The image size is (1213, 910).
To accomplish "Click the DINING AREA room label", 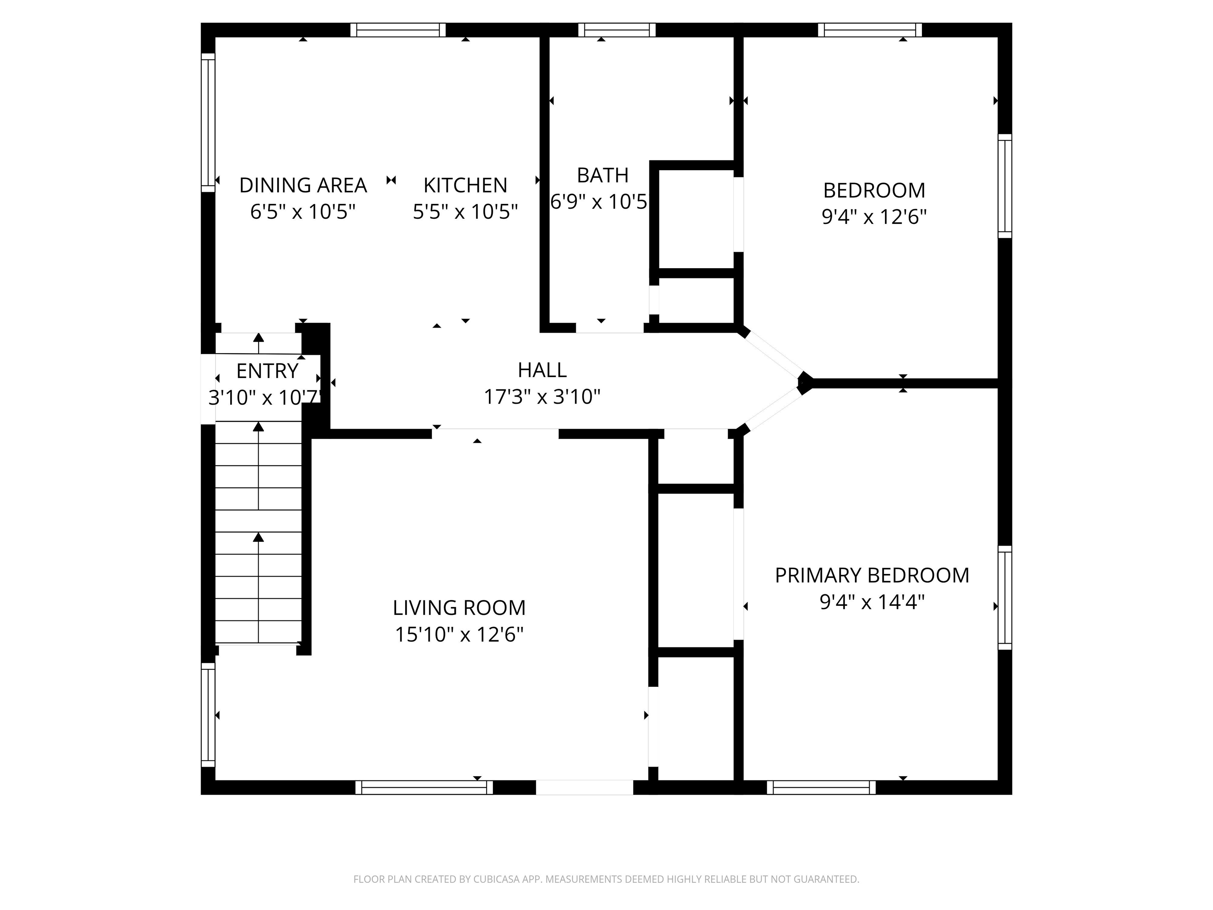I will [x=303, y=185].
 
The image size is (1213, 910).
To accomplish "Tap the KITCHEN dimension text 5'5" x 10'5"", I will [x=465, y=212].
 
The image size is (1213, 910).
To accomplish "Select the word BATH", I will [x=602, y=175].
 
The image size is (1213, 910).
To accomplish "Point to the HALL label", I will [x=542, y=370].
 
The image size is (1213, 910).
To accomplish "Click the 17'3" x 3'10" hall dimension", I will [x=542, y=397].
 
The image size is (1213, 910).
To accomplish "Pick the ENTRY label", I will [x=267, y=371].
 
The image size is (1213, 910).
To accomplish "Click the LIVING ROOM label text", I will [x=459, y=608].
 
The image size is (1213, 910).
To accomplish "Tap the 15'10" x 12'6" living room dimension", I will [x=459, y=635].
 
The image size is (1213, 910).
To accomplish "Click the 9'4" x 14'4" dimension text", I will [x=872, y=602].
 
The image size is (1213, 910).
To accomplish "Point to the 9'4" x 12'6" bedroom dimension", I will [x=873, y=217].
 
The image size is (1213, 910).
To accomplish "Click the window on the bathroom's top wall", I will [x=617, y=30].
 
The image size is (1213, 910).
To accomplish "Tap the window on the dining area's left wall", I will [x=208, y=122].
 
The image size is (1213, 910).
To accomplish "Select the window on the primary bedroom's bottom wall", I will [x=821, y=788].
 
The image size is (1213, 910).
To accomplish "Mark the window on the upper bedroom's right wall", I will [x=1005, y=186].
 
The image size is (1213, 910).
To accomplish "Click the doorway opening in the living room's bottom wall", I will [x=584, y=787].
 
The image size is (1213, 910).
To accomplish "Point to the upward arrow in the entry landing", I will [x=258, y=342].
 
